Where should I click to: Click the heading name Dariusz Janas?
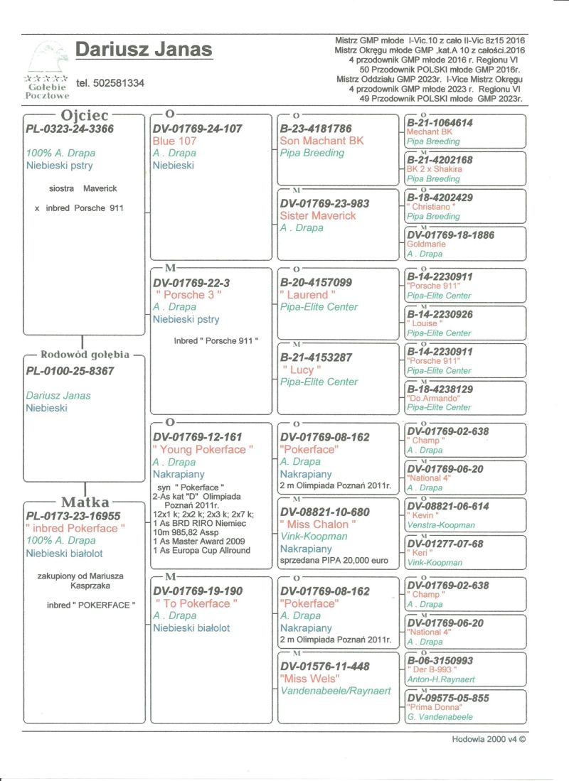pyautogui.click(x=144, y=50)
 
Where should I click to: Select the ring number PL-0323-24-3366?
pyautogui.click(x=70, y=129)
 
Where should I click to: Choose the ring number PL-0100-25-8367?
pyautogui.click(x=70, y=371)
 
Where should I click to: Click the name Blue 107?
pyautogui.click(x=175, y=141)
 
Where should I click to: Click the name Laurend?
pyautogui.click(x=308, y=294)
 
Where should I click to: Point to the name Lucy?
pyautogui.click(x=302, y=370)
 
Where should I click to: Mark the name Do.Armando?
pyautogui.click(x=431, y=398)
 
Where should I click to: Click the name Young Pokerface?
pyautogui.click(x=203, y=449)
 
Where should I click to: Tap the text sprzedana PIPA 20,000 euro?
pyautogui.click(x=334, y=561)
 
